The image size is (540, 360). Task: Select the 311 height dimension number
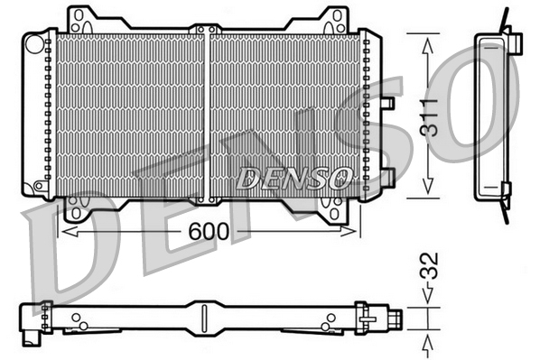pyautogui.click(x=431, y=116)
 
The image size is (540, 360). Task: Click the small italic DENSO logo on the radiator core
pyautogui.click(x=292, y=178)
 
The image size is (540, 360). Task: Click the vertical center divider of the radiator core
pyautogui.click(x=209, y=113)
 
